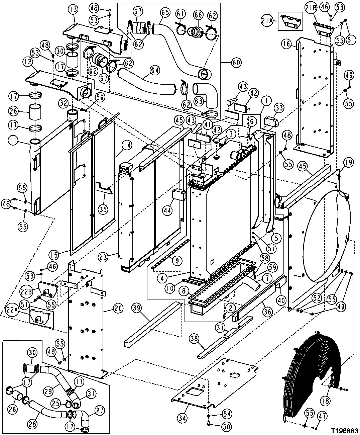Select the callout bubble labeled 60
[x=236, y=63]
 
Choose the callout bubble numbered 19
[x=348, y=163]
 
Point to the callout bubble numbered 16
[x=286, y=43]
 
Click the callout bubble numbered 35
[x=103, y=209]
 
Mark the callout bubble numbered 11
[x=13, y=141]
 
